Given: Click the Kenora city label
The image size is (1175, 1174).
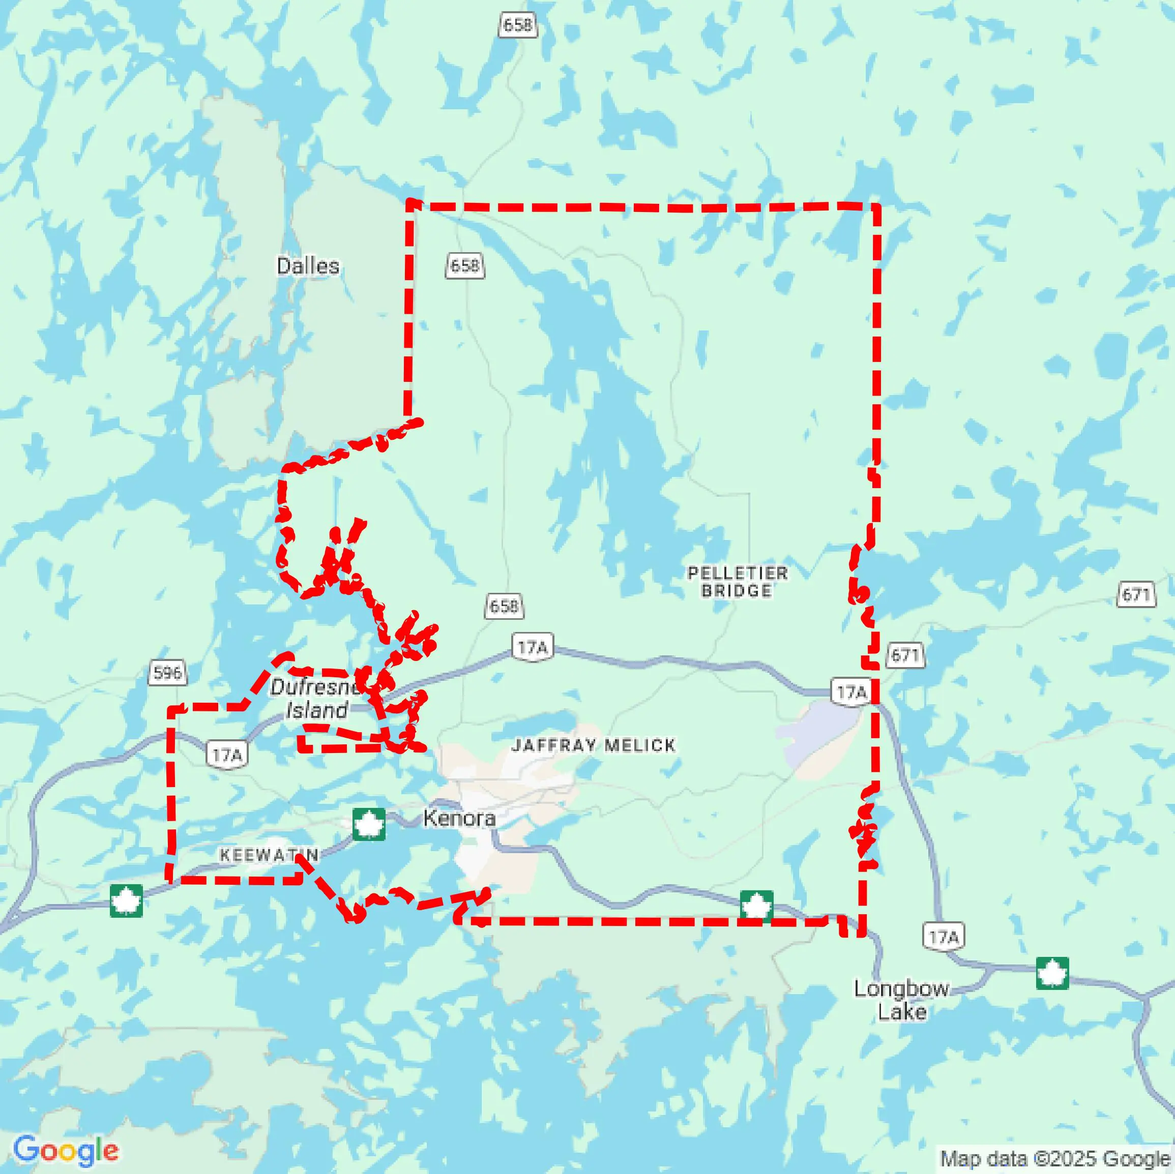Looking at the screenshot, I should (x=459, y=818).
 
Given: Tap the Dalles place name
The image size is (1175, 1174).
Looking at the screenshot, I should (x=308, y=266).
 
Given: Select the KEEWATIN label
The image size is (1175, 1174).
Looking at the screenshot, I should (x=269, y=855).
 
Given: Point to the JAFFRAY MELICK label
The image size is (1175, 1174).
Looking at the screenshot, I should (x=593, y=745).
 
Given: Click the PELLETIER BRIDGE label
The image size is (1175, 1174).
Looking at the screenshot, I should (x=737, y=582).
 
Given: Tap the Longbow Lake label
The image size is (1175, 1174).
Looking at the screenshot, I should (x=901, y=1000).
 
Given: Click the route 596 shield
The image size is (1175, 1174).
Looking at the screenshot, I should (x=167, y=673).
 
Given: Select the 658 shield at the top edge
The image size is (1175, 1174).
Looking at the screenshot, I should (x=518, y=25).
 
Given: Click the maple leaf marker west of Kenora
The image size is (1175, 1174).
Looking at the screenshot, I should (x=369, y=824).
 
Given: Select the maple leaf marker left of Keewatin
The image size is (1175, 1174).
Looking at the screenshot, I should (x=127, y=900).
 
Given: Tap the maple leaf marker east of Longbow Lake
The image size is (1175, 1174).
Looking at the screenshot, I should (x=1052, y=973).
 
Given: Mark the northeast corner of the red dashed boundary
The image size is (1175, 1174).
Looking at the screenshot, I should (x=876, y=207).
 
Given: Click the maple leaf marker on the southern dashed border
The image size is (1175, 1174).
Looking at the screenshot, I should (x=756, y=907).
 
